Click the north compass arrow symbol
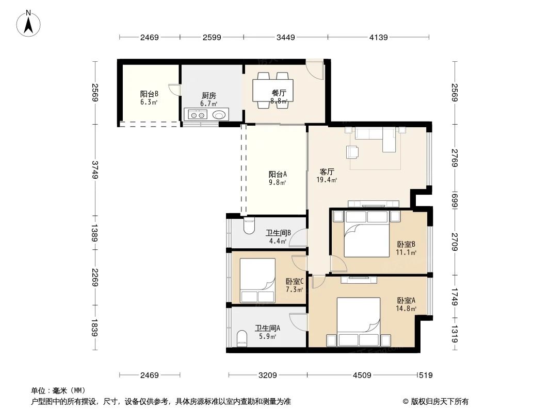pos(28,24)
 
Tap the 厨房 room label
pos(209,96)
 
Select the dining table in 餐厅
pos(273,90)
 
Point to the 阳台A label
pos(278,174)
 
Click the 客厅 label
pos(327,172)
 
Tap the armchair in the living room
pos(352,152)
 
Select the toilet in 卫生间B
pos(249,226)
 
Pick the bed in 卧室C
pos(257,280)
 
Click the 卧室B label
pos(406,244)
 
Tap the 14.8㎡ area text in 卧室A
pos(406,308)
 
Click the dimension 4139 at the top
pos(379,37)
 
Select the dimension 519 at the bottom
pos(426,375)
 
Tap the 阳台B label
pos(149,94)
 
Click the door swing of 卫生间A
pos(299,321)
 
